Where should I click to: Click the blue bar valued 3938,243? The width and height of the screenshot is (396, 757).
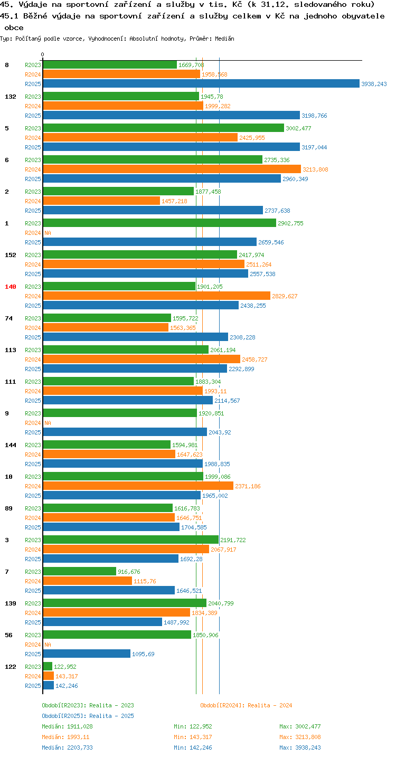pos(201,83)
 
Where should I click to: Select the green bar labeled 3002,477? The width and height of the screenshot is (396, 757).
pos(163,128)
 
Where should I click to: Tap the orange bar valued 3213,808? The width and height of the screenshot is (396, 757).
pos(172,169)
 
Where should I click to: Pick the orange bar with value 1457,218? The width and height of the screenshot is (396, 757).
pos(101,201)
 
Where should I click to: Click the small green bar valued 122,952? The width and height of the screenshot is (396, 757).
pos(48,666)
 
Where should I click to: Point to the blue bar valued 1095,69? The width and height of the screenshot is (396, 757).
pos(87,654)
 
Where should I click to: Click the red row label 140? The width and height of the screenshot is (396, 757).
pos(11,287)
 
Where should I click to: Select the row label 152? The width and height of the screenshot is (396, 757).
pos(11,255)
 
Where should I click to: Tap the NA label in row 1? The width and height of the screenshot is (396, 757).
pos(48,233)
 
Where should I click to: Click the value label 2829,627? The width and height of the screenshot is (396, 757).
pos(285,296)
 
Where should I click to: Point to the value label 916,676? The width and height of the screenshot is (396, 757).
pos(129,572)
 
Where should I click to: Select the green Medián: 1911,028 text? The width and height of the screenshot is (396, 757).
pos(67,726)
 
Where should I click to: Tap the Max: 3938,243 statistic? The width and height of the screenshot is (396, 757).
pos(300,747)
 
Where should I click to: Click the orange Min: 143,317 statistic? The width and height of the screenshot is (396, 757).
pos(193,737)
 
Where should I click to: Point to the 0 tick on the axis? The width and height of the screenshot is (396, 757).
pos(42,54)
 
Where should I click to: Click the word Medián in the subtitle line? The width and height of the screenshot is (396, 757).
pos(224,39)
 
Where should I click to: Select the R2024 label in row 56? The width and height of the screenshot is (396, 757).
pos(33,645)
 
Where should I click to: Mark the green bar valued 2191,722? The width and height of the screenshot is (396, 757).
pos(131,540)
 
